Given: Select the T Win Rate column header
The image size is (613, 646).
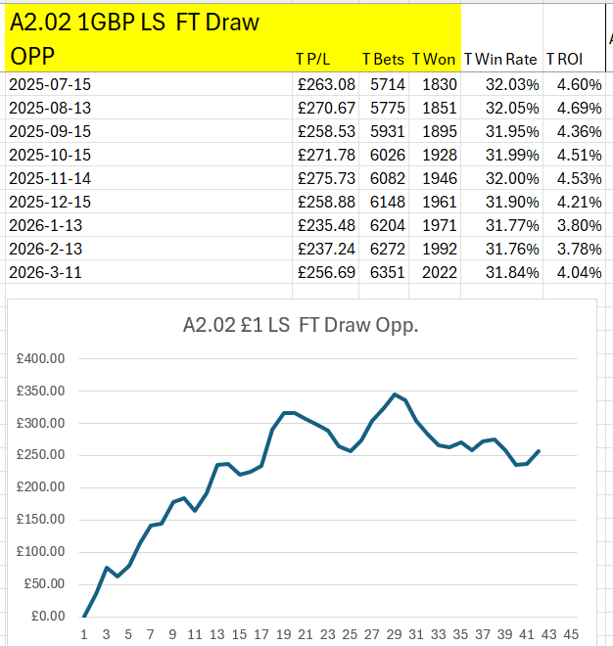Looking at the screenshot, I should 501,59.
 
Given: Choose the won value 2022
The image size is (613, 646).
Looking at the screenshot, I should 440,272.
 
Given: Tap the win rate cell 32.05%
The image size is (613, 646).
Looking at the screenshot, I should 512,108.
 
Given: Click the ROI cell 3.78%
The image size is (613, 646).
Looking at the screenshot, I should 579,249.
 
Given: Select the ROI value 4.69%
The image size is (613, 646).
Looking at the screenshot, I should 579,108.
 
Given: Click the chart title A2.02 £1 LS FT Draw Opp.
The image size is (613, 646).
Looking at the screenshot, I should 300,326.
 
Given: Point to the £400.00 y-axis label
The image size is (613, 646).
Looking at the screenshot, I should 40,359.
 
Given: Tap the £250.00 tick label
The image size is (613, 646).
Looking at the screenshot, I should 40,455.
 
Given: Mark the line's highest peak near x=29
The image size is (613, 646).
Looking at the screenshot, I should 395,394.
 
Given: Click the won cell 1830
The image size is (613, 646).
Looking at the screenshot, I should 440,84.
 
